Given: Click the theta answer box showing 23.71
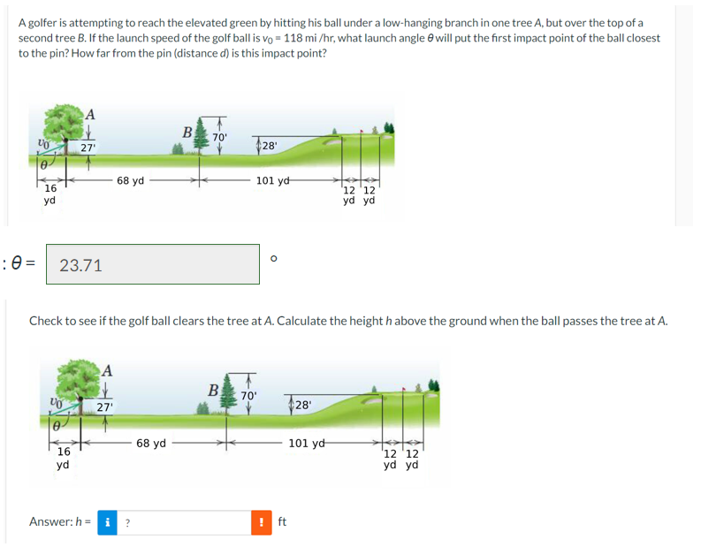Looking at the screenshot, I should (x=152, y=264).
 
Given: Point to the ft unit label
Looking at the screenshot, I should (x=282, y=522).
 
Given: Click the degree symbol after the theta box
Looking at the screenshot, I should (x=274, y=259).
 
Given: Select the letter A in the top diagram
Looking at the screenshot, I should (x=91, y=113).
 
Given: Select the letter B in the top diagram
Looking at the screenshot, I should (x=187, y=133).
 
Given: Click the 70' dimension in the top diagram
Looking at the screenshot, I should (x=220, y=137).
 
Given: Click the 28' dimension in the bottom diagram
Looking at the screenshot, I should (x=302, y=405).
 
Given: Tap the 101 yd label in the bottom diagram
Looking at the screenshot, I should (x=307, y=443).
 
